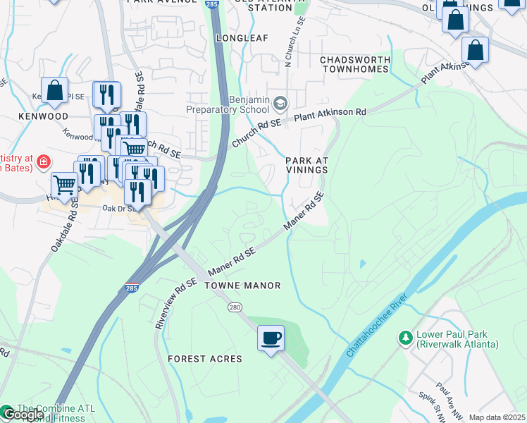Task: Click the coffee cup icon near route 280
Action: coord(271,338)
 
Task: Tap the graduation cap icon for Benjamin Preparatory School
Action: coord(280,104)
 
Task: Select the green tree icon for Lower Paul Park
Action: coord(405,338)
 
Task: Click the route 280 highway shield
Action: coord(235,307)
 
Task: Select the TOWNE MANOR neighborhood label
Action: coord(242,286)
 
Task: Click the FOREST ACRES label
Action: coord(204,359)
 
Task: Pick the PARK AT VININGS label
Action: coord(307,166)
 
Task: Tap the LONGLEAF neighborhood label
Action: coord(242,37)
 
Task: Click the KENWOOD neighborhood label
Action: coord(44,116)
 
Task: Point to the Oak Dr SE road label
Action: coord(118,209)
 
